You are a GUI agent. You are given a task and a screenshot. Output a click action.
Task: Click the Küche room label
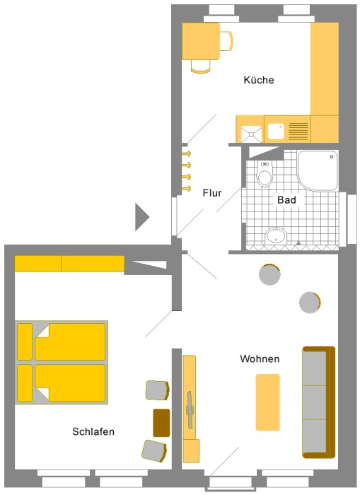[x=259, y=80]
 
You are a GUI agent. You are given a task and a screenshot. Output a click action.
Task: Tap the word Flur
[x=212, y=193]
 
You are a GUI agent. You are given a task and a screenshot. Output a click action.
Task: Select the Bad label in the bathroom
[x=286, y=200]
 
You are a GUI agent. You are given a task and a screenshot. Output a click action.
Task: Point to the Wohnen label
[x=260, y=359]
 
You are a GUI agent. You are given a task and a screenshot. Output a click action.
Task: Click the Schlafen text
[x=93, y=431]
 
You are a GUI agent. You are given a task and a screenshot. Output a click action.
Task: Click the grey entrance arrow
[x=141, y=217]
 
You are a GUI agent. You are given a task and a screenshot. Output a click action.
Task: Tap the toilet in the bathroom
[x=265, y=175]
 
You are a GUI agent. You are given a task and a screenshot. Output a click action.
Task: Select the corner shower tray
[x=318, y=170]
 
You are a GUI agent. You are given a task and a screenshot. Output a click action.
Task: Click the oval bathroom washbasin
[x=276, y=235]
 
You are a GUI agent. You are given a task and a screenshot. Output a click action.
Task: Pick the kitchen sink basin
[x=276, y=131]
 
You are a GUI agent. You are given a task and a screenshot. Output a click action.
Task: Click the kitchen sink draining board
[x=298, y=131]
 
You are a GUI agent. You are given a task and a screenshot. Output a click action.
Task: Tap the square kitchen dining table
[x=201, y=41]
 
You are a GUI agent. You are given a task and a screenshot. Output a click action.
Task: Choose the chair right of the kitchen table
[x=226, y=41]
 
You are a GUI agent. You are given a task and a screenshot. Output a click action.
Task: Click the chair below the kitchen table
[x=201, y=67]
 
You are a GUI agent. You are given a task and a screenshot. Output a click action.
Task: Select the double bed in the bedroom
[x=62, y=362]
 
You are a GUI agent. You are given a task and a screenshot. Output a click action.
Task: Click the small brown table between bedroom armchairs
[x=161, y=423]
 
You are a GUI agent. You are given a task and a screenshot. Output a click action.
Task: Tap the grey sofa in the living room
[x=319, y=402]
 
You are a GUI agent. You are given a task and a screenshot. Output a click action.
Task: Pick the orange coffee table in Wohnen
[x=268, y=402]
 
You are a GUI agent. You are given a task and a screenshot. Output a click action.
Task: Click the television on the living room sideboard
[x=190, y=409]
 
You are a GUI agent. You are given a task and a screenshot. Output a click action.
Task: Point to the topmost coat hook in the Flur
[x=187, y=153]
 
